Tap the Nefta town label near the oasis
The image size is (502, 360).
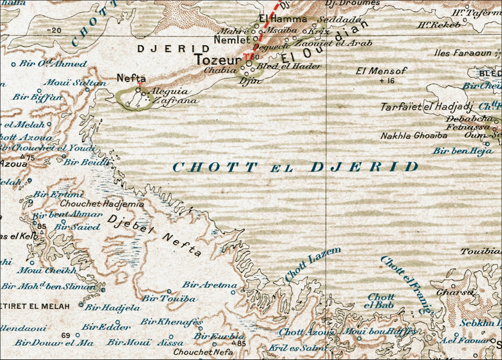pyautogui.click(x=131, y=79)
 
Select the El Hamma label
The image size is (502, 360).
pyautogui.click(x=282, y=19)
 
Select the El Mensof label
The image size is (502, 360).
pyautogui.click(x=382, y=71)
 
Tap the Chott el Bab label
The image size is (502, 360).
pyautogui.click(x=380, y=301)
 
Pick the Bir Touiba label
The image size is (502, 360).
pyautogui.click(x=169, y=299)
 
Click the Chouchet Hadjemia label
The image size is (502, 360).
pyautogui.click(x=102, y=204)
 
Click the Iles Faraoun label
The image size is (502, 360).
pyautogui.click(x=463, y=54)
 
